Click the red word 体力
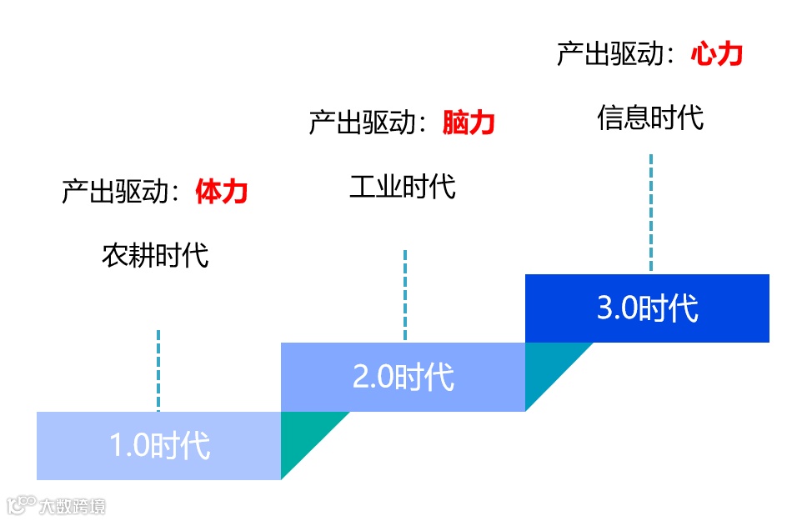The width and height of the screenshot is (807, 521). coord(222,193)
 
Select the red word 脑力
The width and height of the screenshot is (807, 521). coord(469,123)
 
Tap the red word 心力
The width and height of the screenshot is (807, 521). coord(716,55)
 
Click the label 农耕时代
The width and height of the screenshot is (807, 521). coord(155,255)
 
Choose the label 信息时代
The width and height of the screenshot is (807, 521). coord(650,118)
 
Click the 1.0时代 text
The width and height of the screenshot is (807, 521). coord(160,446)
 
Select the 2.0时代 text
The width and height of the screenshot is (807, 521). coord(403,377)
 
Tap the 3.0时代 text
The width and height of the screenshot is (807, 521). coord(648,308)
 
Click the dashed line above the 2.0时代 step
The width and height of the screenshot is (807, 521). coord(405,295)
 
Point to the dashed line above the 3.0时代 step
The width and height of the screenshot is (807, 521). coord(651,212)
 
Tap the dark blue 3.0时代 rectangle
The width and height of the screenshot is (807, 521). coord(734,308)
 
